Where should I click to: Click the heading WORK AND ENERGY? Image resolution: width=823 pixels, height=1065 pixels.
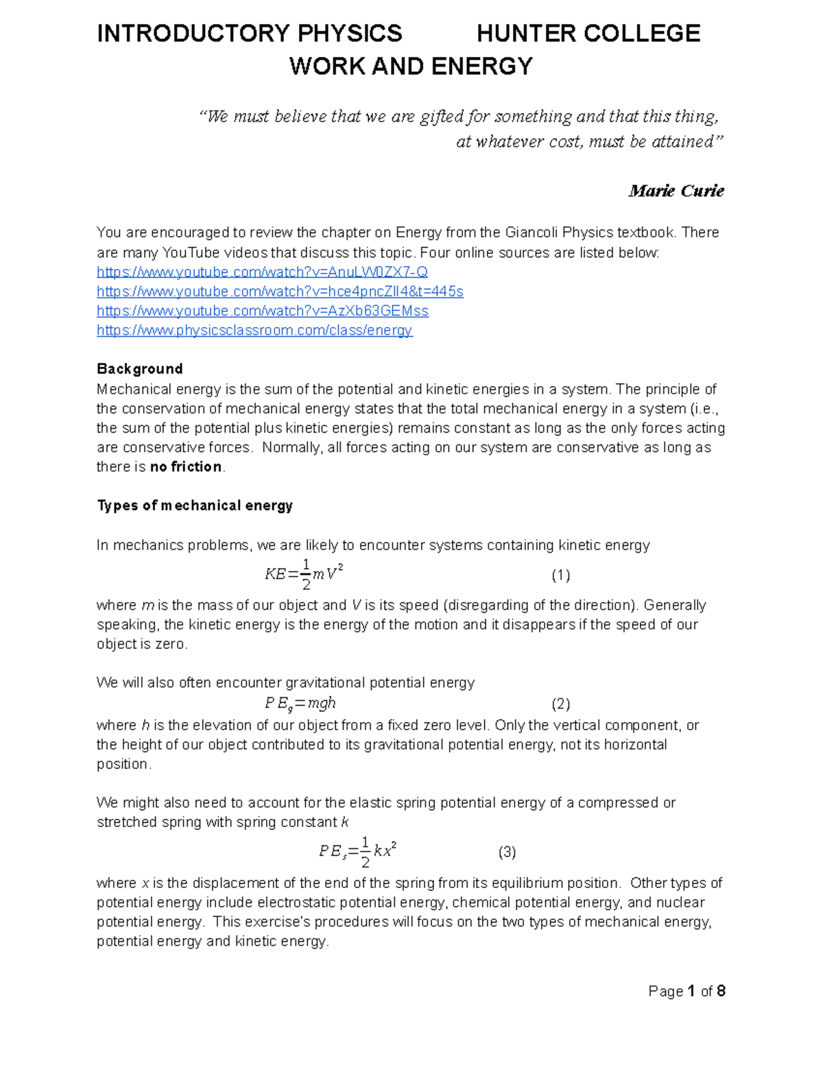[411, 67]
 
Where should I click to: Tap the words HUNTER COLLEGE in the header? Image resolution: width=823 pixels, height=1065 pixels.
[588, 33]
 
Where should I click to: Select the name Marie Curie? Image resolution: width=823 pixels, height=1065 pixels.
[676, 191]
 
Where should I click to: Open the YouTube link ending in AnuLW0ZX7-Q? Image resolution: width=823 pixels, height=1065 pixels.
[262, 272]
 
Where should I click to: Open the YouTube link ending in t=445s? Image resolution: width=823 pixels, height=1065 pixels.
[280, 291]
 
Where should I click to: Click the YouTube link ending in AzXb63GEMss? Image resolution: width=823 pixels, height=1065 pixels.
[262, 311]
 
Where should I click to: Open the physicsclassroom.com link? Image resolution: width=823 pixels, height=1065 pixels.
[254, 331]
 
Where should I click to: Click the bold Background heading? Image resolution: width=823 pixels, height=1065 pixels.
[139, 369]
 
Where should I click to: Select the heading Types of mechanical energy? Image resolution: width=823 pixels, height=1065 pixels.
[195, 506]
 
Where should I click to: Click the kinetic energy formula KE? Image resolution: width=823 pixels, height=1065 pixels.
[303, 575]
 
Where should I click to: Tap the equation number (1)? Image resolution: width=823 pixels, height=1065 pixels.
[560, 575]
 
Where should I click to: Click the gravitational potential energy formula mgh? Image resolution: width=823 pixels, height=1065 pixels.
[300, 704]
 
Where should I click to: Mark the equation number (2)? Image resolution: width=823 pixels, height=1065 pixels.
[560, 704]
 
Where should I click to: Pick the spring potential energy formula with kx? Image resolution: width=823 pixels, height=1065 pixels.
[358, 852]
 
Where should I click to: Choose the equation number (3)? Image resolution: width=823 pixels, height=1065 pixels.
[507, 852]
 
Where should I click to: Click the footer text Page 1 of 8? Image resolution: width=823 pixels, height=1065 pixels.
[687, 991]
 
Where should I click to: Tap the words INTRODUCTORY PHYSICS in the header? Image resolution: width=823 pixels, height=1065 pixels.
[250, 33]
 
